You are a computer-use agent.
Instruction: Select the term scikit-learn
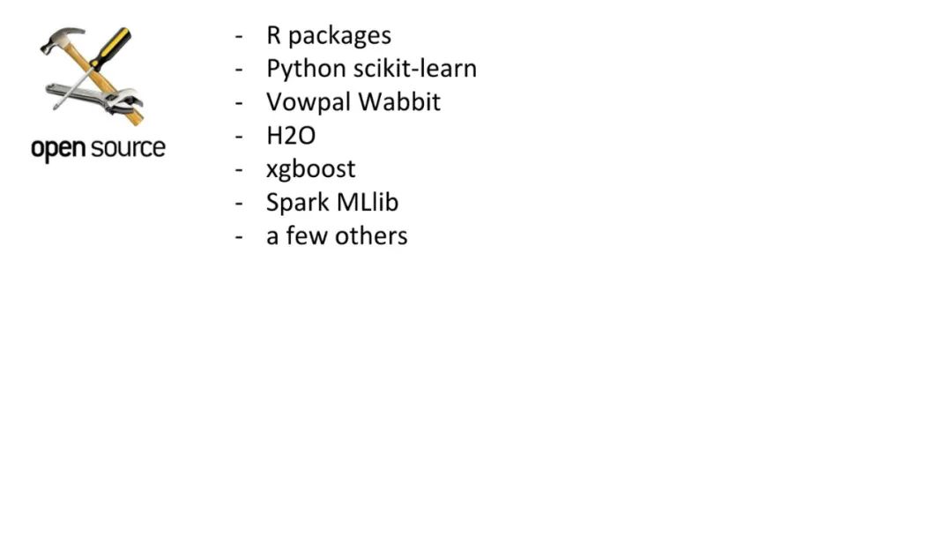coord(420,68)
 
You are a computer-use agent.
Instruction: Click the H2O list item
coord(291,136)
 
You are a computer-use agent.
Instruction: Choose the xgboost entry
coord(310,169)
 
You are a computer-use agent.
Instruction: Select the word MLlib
coord(368,202)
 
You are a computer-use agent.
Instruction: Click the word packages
coord(339,36)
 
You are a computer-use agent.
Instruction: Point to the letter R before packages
coord(273,35)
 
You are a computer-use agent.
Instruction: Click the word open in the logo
coord(56,148)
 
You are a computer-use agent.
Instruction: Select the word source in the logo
coord(126,147)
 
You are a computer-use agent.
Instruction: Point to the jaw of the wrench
coord(129,98)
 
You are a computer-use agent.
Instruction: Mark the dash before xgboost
coord(239,170)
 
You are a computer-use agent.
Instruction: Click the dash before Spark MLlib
coord(239,204)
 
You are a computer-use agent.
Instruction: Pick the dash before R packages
coord(239,37)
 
